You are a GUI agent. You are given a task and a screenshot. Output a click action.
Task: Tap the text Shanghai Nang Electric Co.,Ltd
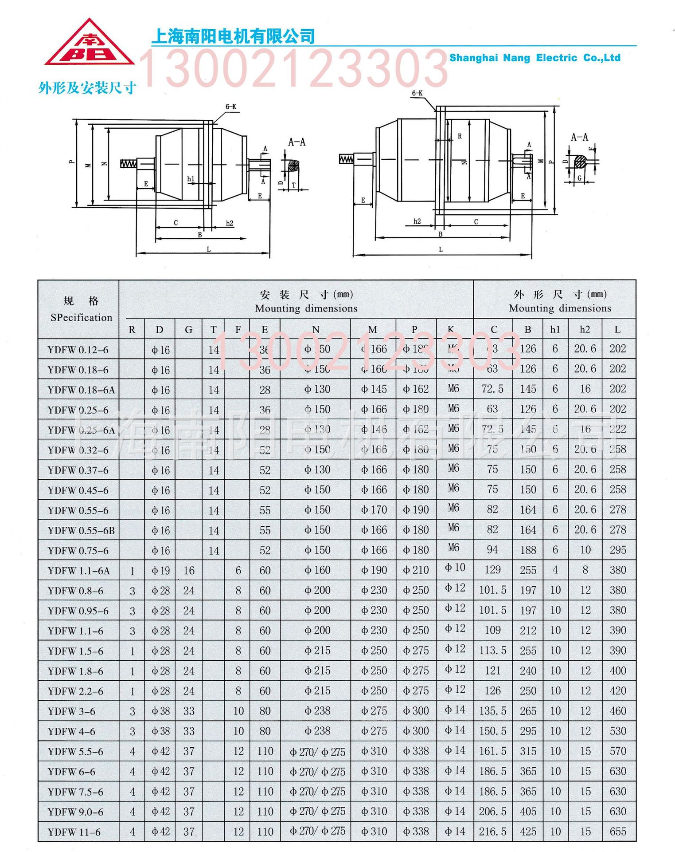coord(534,58)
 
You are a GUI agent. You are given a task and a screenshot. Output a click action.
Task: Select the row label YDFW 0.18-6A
coord(81,390)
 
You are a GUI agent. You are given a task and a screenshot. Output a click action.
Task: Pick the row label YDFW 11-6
coord(74,832)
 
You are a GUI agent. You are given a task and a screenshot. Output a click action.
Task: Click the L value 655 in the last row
coord(617,831)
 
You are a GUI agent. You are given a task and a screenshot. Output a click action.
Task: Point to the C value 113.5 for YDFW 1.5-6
coord(492,651)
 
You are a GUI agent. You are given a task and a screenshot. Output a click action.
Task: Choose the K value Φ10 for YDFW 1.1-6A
coord(455,568)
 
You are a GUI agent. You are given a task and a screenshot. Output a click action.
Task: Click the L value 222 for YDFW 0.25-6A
coord(617,429)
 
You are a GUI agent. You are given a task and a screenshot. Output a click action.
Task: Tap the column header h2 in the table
coord(585,330)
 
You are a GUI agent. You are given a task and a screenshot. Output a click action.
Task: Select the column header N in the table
coord(316,330)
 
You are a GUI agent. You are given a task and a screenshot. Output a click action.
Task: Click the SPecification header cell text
coord(81,317)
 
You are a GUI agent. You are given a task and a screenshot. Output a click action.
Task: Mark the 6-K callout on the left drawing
coord(230,107)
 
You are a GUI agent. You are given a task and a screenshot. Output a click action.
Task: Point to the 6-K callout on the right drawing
coord(417,93)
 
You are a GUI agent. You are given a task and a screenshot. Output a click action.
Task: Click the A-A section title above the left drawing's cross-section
coord(297,142)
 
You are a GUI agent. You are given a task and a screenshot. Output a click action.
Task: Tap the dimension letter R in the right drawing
coord(460,136)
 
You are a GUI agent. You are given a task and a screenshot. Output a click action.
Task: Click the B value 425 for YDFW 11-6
coord(528,832)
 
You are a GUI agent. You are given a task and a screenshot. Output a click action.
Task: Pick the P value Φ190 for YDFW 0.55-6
coord(416,510)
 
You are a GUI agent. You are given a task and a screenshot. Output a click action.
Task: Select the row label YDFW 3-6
coord(71,711)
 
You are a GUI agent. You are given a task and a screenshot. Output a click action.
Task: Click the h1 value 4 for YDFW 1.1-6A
coord(555,570)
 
